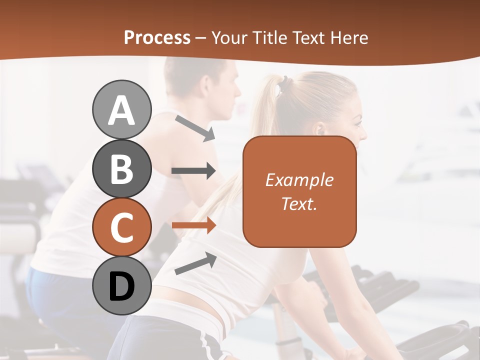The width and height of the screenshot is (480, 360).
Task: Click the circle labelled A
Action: tap(121, 109)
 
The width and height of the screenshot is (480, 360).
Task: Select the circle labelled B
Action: tap(121, 169)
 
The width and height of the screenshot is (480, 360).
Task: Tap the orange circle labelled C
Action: tap(121, 227)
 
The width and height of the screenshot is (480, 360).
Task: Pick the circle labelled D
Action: tap(121, 286)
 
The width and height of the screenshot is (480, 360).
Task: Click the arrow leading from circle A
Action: tap(195, 128)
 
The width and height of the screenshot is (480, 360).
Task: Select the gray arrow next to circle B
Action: tap(193, 171)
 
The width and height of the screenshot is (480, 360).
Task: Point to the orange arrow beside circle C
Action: tap(193, 225)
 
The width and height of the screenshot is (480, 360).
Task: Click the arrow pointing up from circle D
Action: tap(195, 263)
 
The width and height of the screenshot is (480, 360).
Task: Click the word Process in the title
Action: tap(157, 38)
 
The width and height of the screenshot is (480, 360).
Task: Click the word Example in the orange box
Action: tap(299, 180)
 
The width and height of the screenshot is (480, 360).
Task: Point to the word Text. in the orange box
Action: tap(299, 203)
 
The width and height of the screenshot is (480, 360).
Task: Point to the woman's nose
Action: tap(364, 133)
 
